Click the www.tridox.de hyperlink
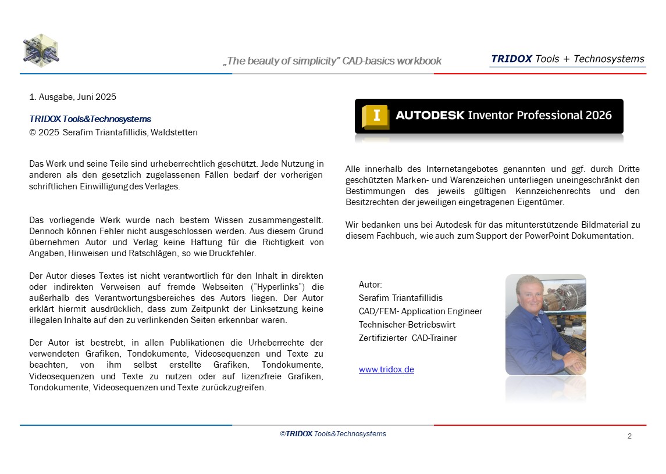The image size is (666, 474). click(x=386, y=369)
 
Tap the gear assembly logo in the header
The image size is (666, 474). click(x=41, y=51)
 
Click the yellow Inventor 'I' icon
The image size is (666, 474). click(x=375, y=116)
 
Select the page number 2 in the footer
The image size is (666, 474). click(x=629, y=436)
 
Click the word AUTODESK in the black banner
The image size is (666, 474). click(x=430, y=115)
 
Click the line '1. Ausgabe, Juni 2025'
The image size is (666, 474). click(x=73, y=96)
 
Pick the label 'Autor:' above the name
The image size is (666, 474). click(x=371, y=285)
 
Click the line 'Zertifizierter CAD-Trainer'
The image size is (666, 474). click(x=407, y=338)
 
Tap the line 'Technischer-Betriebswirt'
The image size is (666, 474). click(x=407, y=325)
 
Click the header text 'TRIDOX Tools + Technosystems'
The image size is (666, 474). click(x=567, y=59)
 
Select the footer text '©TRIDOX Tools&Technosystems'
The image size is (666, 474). click(x=333, y=434)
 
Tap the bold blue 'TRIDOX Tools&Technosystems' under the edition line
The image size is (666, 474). click(x=90, y=119)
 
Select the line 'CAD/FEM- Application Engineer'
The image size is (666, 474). click(x=420, y=311)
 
